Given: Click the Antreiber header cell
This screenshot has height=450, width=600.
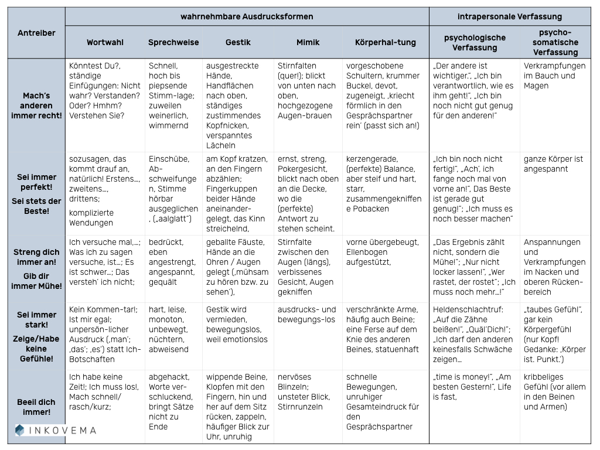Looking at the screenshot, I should tap(36, 33).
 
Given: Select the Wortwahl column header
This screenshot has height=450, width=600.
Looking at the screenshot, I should tap(105, 42).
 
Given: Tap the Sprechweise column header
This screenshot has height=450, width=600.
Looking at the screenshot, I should tap(173, 42).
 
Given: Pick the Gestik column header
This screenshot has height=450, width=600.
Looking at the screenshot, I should tap(238, 42).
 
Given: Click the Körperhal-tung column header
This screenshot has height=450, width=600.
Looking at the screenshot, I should tap(386, 42).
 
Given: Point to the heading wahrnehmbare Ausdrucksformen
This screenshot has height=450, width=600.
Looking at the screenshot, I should tap(247, 16).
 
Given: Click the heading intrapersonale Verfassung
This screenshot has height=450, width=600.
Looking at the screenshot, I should tap(509, 16).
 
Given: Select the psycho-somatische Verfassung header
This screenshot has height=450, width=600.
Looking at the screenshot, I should tap(555, 42).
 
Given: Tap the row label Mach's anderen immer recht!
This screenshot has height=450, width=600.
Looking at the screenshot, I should tap(36, 105).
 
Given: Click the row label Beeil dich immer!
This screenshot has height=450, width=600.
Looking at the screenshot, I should tap(36, 407).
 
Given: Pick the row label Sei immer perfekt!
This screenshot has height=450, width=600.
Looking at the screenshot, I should tap(36, 182).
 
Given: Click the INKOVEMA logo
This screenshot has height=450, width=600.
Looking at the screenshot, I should tap(56, 431).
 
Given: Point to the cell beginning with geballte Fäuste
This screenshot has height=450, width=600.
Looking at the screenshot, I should tap(238, 267).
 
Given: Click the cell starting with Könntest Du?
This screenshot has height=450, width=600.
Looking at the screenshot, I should tap(105, 91).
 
